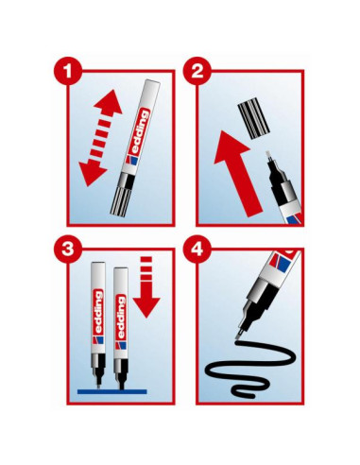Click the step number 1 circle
coord(68,71)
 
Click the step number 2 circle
coord(197,71)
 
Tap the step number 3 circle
coord(68,249)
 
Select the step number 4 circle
coord(197,249)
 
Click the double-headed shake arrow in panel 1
coord(100,138)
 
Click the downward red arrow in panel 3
coord(146,287)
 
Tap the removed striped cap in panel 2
coord(253,118)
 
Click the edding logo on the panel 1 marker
coord(138,136)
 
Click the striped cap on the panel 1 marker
coord(121,200)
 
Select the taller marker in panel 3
coord(98,325)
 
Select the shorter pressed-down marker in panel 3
coord(121,329)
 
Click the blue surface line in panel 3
coord(112,391)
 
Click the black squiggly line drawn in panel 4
coord(250,369)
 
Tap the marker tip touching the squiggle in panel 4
coord(239,335)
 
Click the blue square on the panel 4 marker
coord(284,263)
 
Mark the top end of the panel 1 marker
coord(153,81)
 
